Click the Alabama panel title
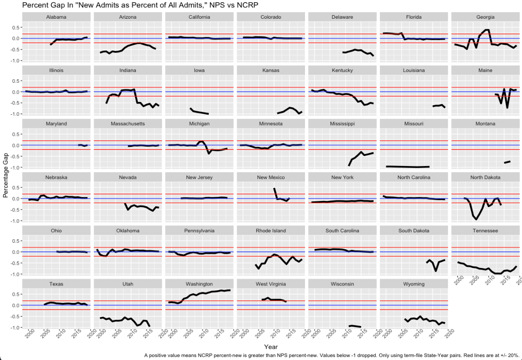click(56, 17)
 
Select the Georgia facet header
click(485, 17)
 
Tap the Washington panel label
click(199, 284)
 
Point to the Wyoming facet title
click(414, 284)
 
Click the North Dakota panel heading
click(485, 177)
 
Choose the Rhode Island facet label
click(271, 231)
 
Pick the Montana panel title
click(485, 124)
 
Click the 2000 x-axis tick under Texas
click(30, 335)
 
